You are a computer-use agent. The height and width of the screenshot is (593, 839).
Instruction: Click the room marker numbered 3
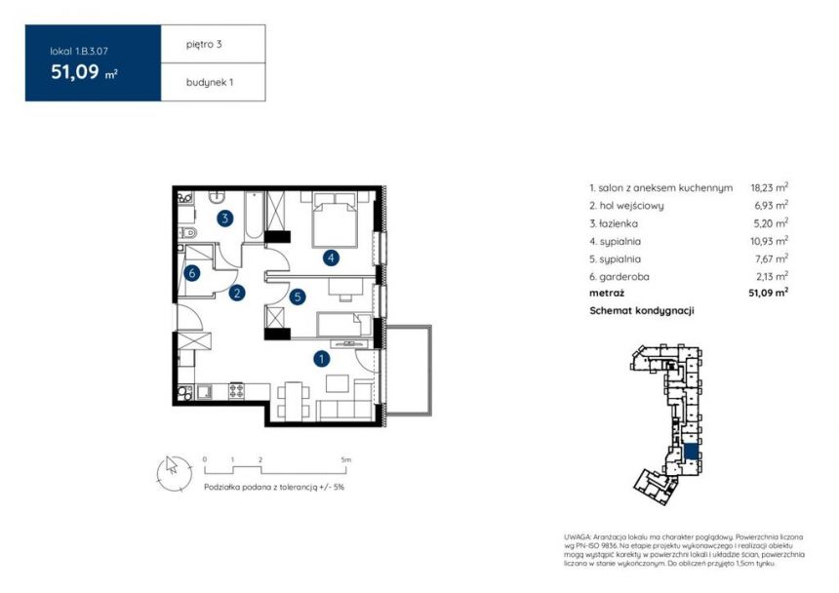224,218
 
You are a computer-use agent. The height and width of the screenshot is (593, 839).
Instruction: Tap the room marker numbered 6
191,273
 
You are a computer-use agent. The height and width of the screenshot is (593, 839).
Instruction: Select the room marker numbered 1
321,359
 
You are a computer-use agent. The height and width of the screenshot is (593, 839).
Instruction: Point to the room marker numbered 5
298,296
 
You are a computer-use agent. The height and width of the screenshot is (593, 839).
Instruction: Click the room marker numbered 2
236,293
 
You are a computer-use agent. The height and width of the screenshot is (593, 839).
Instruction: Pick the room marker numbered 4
332,258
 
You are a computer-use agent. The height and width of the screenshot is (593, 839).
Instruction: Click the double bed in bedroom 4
335,219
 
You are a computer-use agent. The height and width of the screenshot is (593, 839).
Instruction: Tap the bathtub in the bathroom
254,215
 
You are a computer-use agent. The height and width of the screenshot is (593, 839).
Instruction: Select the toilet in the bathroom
188,232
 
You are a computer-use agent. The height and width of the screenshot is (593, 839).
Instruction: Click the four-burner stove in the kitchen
236,391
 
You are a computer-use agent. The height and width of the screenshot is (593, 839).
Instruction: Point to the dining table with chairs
293,401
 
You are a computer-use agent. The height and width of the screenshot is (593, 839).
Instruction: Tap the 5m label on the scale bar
345,459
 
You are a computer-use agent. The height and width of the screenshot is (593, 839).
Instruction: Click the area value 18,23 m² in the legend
769,187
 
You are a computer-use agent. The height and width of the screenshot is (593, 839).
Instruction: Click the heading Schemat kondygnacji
642,311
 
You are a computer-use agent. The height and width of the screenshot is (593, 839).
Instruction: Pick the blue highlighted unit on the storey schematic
691,452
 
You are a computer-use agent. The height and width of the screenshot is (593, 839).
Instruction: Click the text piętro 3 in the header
204,45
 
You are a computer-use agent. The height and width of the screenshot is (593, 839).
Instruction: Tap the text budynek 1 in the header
209,82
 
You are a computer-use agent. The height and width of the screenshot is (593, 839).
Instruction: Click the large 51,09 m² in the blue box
84,72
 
